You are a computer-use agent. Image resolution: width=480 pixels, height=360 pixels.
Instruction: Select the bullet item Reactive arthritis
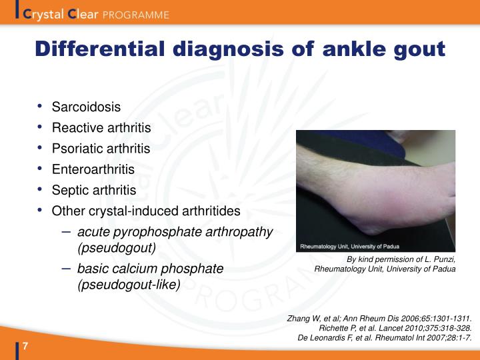click(101, 127)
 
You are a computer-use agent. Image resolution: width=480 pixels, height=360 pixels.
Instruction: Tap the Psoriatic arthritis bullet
click(101, 148)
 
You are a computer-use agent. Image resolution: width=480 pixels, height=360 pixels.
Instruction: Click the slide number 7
click(25, 346)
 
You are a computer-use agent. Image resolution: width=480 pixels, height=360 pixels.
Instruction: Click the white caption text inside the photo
click(347, 244)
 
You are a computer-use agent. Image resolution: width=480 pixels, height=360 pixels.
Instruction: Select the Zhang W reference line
click(379, 319)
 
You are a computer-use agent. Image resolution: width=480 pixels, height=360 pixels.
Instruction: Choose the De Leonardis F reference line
click(384, 337)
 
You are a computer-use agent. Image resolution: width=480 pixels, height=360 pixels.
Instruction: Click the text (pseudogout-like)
click(129, 284)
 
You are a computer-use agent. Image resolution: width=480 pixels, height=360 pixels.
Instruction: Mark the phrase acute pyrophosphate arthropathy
click(175, 232)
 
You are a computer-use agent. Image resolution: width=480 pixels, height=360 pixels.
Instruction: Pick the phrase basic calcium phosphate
click(150, 269)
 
